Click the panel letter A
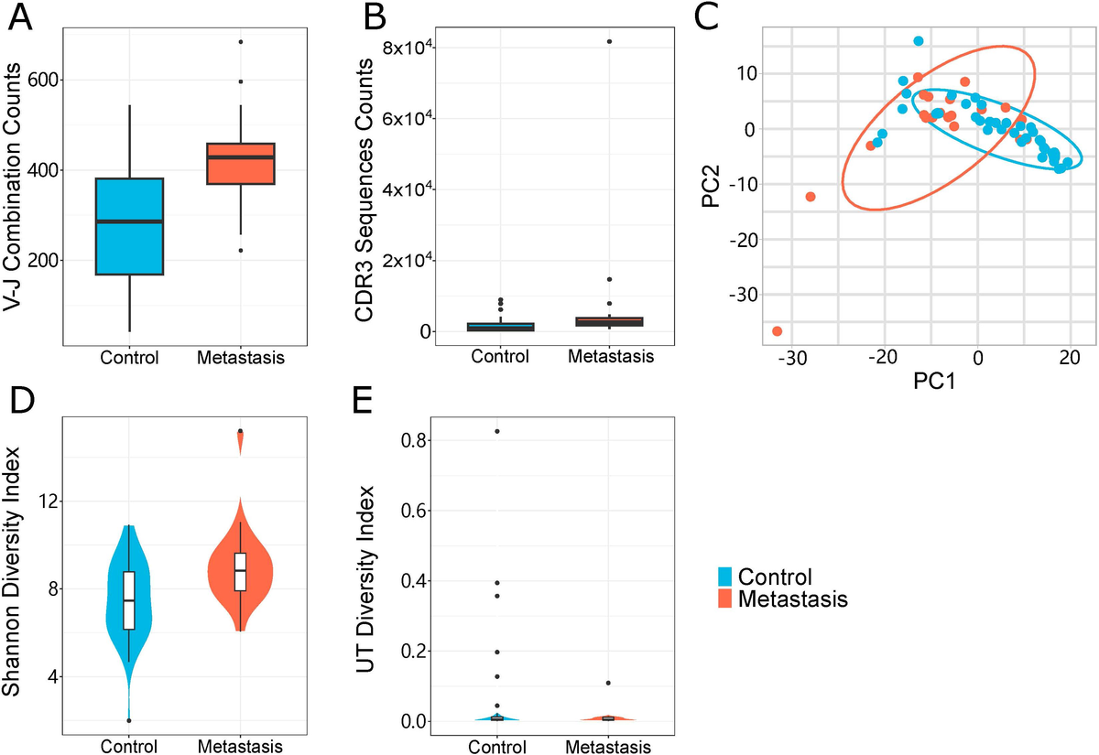[x=24, y=19]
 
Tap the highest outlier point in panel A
[x=240, y=42]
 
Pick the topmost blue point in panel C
[x=918, y=41]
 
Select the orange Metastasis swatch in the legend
[x=724, y=600]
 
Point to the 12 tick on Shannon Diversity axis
[x=46, y=502]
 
